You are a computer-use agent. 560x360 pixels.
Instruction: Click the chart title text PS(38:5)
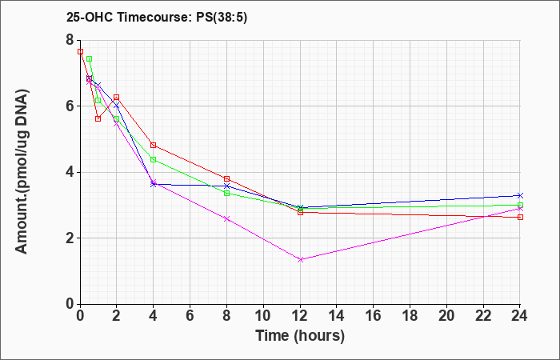(222, 18)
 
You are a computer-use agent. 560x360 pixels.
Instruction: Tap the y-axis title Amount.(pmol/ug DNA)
(22, 172)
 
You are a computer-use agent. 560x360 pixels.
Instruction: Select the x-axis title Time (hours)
(300, 336)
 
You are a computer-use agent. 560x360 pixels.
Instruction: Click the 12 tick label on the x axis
(300, 316)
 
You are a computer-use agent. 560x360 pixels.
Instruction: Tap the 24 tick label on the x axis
(520, 316)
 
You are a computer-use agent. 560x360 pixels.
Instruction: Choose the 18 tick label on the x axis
(410, 316)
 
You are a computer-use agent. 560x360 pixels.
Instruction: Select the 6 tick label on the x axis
(190, 316)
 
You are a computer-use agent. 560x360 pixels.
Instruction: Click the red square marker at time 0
(80, 51)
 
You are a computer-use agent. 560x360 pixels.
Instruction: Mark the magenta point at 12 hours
(300, 260)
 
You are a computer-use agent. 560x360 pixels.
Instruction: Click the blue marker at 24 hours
(520, 195)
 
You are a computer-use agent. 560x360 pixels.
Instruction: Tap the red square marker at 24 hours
(520, 217)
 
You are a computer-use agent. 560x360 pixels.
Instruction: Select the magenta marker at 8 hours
(226, 219)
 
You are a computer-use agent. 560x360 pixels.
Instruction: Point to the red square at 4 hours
(154, 145)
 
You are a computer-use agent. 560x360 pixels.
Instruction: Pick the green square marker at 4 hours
(154, 160)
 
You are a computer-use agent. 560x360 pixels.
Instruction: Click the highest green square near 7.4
(90, 59)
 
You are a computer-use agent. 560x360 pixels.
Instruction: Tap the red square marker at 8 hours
(226, 178)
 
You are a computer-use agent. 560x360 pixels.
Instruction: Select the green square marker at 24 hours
(520, 206)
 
